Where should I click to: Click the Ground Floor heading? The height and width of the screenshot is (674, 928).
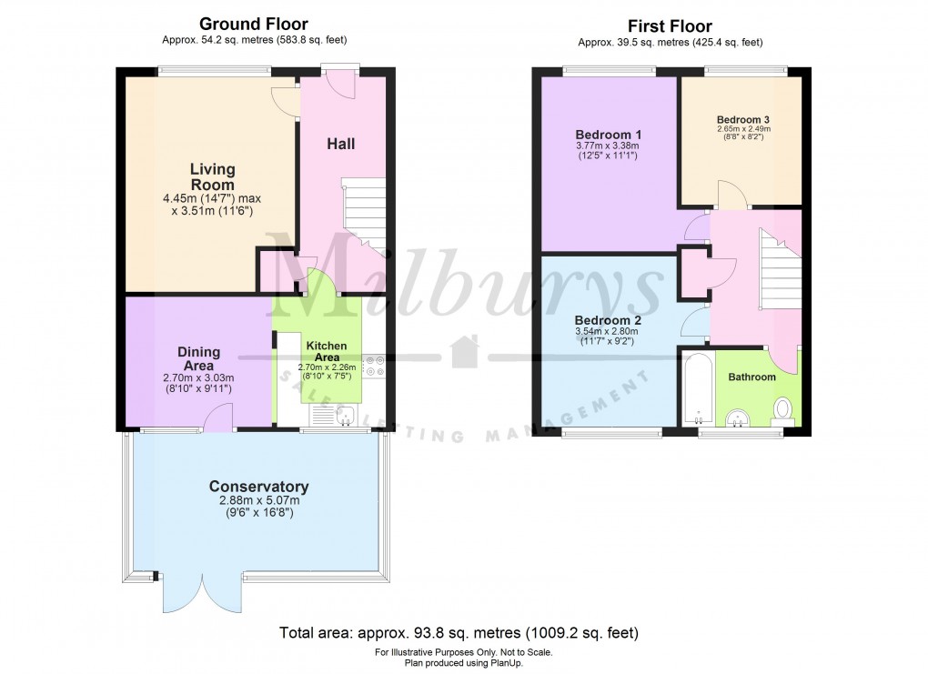253,25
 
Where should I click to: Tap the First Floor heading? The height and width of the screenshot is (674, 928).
670,26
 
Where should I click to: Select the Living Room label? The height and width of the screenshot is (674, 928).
212,176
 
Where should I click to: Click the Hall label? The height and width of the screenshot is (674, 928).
340,144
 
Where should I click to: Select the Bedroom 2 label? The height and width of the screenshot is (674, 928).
609,320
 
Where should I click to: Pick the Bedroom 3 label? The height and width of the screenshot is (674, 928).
742,119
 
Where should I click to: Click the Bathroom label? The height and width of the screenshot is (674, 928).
751,377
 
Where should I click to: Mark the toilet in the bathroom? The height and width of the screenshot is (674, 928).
782,410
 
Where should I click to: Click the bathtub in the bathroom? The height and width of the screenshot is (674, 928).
699,389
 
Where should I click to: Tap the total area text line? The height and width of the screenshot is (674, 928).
463,632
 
